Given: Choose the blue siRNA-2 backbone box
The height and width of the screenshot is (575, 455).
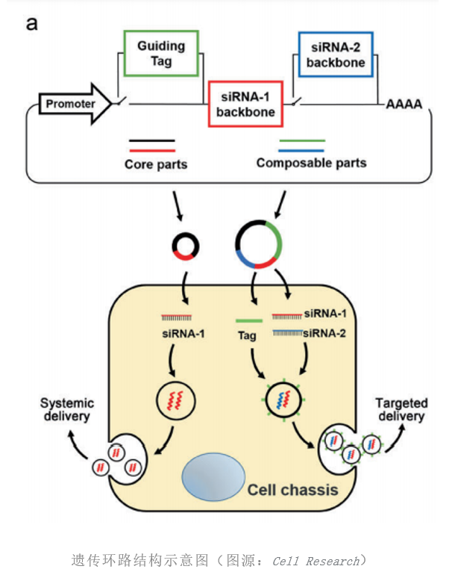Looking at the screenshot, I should click(337, 54).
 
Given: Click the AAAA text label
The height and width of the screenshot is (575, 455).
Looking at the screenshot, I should click(404, 105).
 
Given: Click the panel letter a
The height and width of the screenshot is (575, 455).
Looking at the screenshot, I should click(32, 24).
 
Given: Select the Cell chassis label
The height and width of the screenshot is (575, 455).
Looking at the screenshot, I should click(293, 490).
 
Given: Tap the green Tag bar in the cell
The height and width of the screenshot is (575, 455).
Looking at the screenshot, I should click(247, 321).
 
